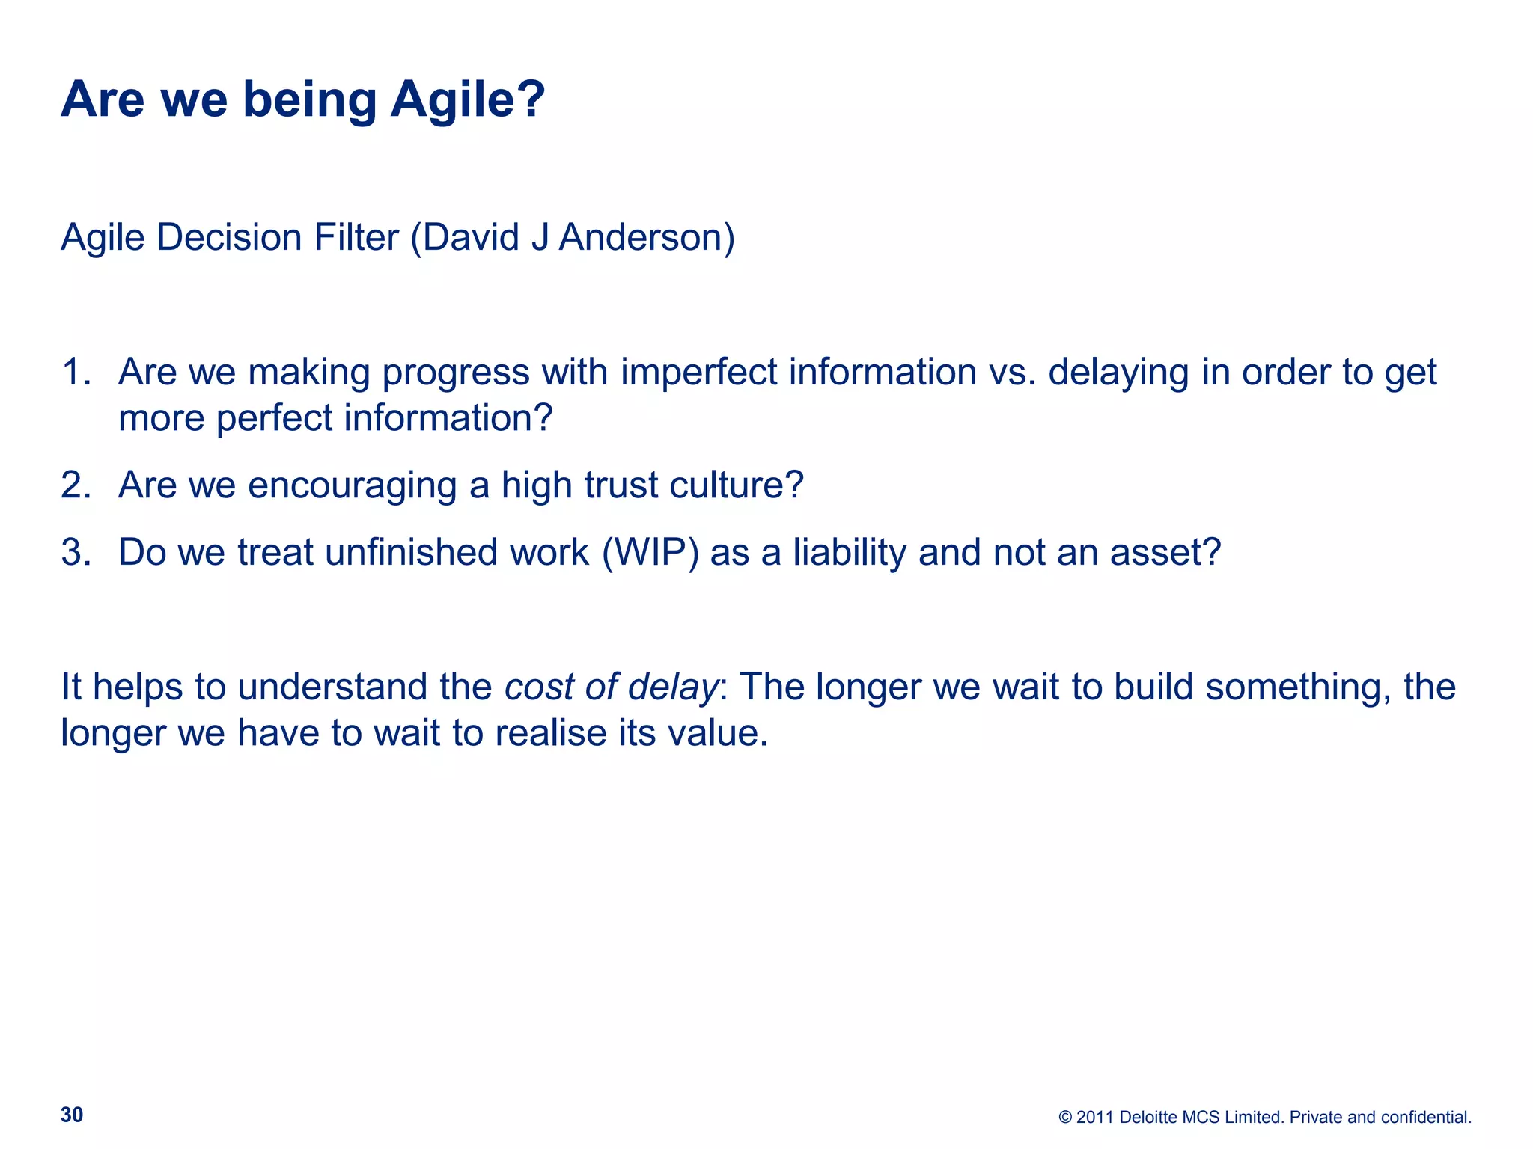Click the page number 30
point(72,1115)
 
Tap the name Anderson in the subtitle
point(646,238)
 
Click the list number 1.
point(75,372)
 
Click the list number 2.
point(75,485)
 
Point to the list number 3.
point(75,552)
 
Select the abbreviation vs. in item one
point(1012,372)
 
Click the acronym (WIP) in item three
point(650,553)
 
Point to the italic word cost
point(538,687)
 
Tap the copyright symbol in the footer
point(1065,1118)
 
